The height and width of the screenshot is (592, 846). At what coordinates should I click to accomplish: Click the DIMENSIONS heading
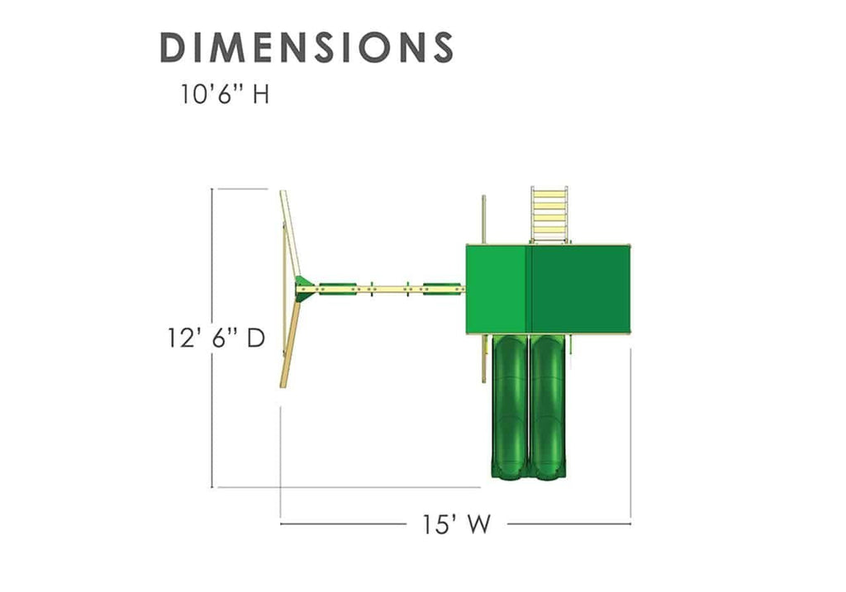pos(307,47)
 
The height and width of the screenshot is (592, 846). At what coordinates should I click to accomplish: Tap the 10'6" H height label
pos(225,95)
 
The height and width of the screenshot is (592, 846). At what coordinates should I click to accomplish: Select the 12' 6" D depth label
pos(216,338)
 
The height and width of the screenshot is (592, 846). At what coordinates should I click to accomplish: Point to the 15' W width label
pos(456,523)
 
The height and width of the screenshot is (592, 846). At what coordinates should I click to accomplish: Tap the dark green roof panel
pos(581,289)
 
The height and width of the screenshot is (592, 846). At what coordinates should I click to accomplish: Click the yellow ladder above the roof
pos(549,215)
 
